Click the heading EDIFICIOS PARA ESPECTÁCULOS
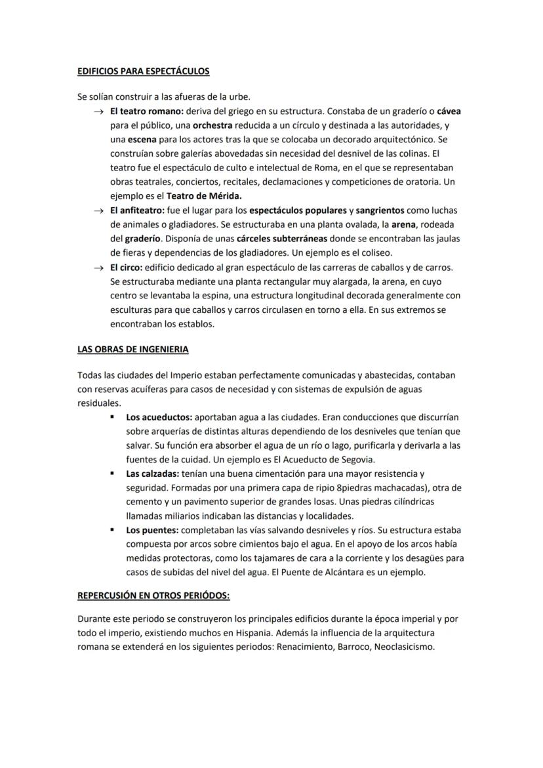[143, 70]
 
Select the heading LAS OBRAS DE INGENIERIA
[132, 349]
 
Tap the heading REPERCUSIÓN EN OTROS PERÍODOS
[153, 596]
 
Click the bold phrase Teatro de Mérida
[203, 195]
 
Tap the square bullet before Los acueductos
[112, 416]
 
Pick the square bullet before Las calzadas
[112, 473]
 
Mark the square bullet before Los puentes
[112, 529]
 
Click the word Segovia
[355, 458]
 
